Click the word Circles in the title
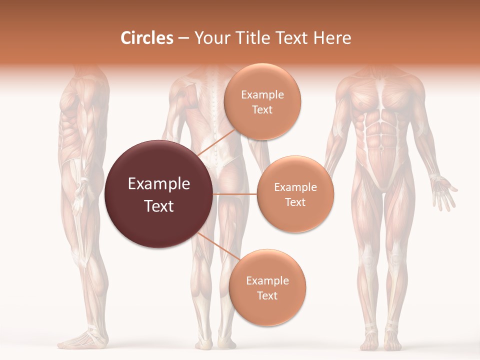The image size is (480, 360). point(146,38)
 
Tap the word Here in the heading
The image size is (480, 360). point(332,38)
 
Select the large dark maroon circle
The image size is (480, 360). point(159,194)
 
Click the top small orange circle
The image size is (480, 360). point(262,101)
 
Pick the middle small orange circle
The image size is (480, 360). point(295,194)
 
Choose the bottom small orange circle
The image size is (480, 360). point(267,287)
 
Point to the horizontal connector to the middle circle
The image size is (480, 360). point(235,193)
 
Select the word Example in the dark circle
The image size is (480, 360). point(159,184)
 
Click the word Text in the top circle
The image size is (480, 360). point(262,109)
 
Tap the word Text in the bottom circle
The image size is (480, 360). point(267,295)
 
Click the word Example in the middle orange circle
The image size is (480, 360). point(295,187)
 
